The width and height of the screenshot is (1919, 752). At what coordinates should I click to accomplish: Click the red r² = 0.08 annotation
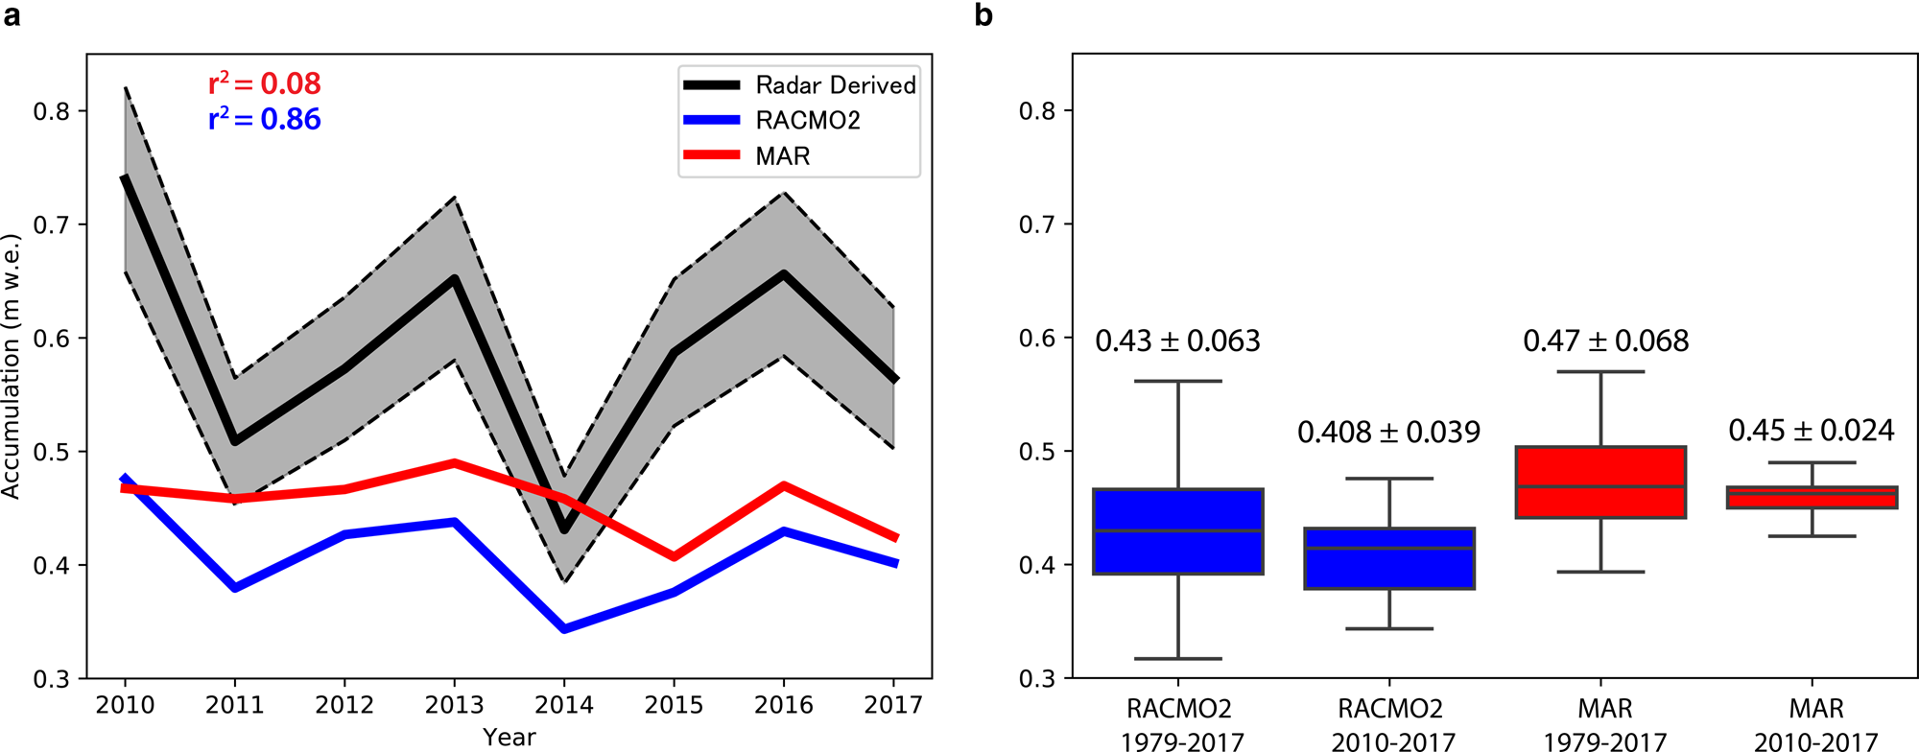(265, 84)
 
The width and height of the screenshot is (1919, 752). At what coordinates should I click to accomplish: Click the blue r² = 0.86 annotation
(265, 120)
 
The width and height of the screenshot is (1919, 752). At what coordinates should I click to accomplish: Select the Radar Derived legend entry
(835, 85)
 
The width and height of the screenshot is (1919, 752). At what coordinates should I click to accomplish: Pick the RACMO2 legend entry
(807, 121)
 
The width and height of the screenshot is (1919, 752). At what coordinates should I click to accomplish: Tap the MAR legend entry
(782, 156)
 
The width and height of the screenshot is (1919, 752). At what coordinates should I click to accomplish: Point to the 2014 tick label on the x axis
(564, 706)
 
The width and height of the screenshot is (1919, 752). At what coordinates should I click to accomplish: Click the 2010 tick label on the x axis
(125, 706)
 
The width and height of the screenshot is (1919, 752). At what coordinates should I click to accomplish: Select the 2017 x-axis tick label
(893, 706)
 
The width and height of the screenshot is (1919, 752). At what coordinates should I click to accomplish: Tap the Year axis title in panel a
(509, 737)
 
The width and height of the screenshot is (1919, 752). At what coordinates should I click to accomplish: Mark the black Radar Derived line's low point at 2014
(564, 529)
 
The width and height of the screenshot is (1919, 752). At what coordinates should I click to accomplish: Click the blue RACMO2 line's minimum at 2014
(564, 629)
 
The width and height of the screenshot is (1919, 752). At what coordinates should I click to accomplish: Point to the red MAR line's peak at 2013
(455, 462)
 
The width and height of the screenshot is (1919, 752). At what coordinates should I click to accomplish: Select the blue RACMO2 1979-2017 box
(1177, 531)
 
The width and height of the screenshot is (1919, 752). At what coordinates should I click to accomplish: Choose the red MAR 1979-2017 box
(1600, 482)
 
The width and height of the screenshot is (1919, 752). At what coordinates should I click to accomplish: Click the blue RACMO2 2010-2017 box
(1389, 558)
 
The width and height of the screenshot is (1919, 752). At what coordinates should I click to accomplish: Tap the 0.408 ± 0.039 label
(1388, 433)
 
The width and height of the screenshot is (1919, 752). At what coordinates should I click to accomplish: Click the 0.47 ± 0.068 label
(1605, 341)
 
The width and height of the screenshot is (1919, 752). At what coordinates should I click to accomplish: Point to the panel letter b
(983, 16)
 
